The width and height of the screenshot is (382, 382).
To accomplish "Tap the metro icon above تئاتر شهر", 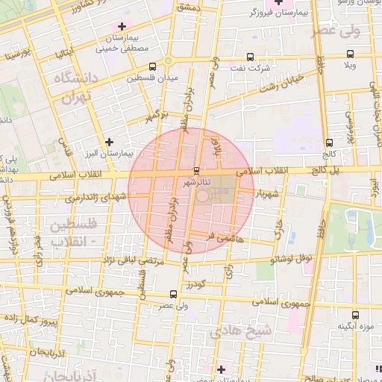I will tap(196, 170).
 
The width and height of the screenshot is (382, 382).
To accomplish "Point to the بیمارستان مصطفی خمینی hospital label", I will tap(124, 43).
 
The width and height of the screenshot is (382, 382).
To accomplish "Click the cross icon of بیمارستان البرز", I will tap(110, 141).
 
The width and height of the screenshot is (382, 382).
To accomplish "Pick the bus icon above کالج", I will tap(329, 143).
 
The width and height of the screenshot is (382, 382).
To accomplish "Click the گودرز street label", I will tap(196, 285).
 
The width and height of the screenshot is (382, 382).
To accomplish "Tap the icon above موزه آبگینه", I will tap(354, 315).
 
